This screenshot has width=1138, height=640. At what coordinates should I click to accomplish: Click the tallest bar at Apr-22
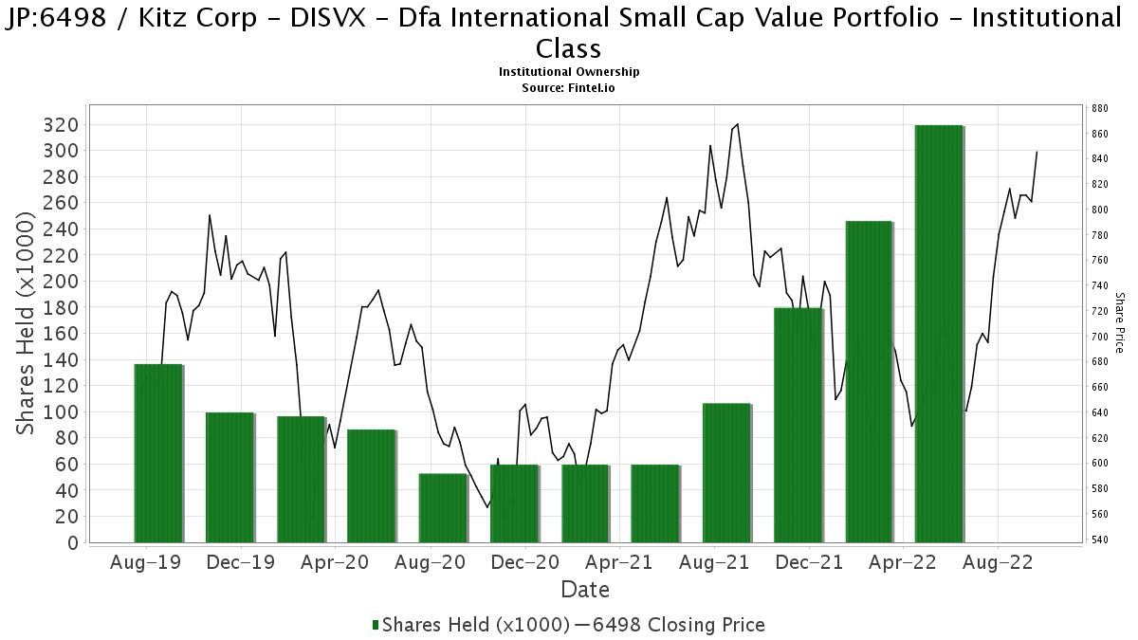pos(939,334)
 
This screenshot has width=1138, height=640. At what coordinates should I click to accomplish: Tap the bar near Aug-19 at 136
pos(157,453)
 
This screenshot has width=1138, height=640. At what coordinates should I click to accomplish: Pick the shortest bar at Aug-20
pos(443,508)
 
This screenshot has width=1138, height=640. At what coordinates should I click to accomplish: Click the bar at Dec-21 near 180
pos(798,425)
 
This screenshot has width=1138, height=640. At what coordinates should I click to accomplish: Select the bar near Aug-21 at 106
pos(726,473)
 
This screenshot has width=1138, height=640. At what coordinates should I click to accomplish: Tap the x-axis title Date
pos(585,590)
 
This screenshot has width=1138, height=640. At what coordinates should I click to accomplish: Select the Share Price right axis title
pos(1119,322)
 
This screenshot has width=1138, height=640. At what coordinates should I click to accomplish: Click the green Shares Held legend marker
pos(376,625)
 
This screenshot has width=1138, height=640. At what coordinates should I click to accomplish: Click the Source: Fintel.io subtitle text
pos(569,87)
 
